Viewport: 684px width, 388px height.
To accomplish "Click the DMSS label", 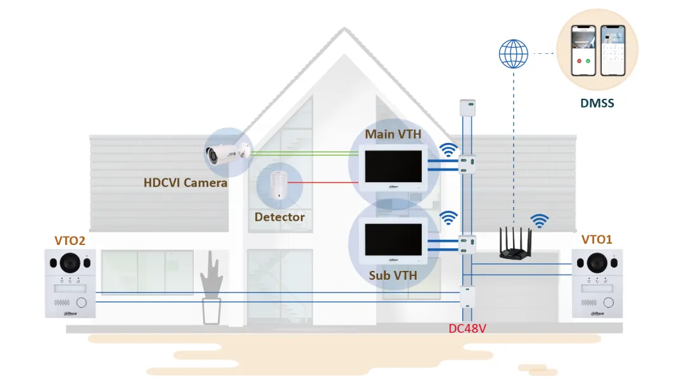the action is coord(597,103).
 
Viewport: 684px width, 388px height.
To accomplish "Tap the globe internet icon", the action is coord(514,54).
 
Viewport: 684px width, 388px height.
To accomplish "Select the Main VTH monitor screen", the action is coord(393,166).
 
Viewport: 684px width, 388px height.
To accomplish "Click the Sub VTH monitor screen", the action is coord(393,239).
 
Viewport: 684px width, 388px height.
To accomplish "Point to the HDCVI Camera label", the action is coord(186,183).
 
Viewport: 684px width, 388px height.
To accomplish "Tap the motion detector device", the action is coord(277,185).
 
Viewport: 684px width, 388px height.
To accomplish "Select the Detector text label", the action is coord(280,217).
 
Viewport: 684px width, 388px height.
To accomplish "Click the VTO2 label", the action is coord(70,241).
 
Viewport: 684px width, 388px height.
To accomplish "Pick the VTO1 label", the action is coord(597,240).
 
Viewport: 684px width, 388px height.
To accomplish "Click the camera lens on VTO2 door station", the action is coord(70,263).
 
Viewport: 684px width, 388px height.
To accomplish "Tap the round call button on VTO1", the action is coord(609,303).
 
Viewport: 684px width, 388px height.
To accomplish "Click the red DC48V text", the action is coord(467,329).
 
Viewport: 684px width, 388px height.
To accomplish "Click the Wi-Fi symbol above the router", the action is coord(540,221).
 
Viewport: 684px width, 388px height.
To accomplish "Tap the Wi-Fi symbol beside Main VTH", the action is coord(448,150).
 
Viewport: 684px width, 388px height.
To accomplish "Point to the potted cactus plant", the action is coord(212,287).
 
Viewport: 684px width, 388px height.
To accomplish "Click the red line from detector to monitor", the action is coord(323,183).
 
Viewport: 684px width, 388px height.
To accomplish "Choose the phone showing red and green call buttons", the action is coord(583,51).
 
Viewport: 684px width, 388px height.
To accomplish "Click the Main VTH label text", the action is coord(393,134).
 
